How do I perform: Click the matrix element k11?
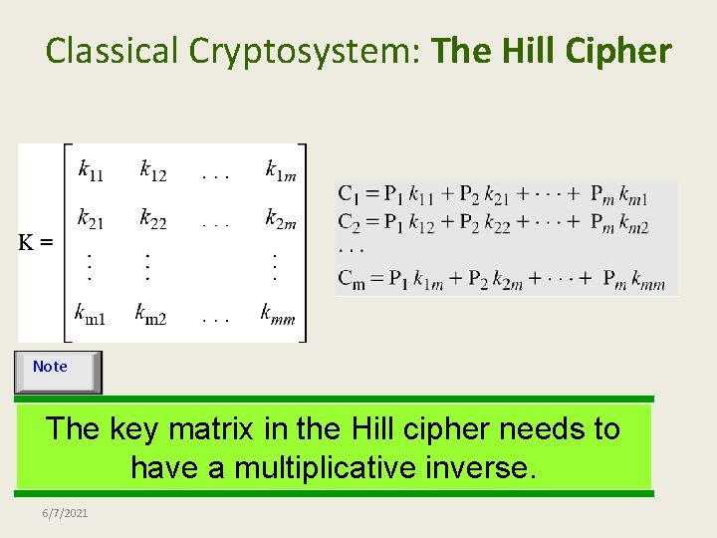90,170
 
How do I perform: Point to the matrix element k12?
152,170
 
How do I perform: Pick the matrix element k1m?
280,170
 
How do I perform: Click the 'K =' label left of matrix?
37,242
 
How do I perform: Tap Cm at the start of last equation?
351,279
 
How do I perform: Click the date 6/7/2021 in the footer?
65,513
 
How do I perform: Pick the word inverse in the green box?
485,467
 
